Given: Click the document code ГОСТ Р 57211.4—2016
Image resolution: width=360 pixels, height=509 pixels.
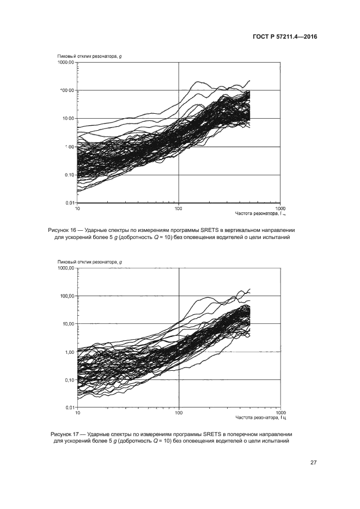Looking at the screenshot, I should (x=285, y=37).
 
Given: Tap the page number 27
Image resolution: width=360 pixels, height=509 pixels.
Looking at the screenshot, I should (x=314, y=463).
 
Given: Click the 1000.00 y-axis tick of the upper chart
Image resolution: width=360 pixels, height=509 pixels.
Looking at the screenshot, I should (x=66, y=63).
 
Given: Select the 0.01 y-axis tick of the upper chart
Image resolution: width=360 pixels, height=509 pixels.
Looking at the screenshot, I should (x=70, y=203).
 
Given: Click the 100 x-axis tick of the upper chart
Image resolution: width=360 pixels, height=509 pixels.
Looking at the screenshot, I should (x=179, y=208).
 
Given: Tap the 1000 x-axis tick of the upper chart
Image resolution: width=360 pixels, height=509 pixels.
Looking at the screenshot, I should (x=280, y=208).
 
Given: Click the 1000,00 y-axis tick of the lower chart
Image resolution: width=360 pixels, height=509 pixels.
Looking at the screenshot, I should (x=66, y=268).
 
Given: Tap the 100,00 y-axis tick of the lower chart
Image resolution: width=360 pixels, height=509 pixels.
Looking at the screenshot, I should (x=68, y=296).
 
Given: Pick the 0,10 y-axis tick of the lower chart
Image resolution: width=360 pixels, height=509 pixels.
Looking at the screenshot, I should (x=70, y=380).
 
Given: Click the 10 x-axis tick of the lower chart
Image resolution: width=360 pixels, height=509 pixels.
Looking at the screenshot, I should (x=77, y=413).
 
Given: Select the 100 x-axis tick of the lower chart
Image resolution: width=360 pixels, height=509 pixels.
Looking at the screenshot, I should (x=179, y=413).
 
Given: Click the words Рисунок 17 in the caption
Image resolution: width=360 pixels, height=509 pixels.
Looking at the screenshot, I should (x=64, y=434).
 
